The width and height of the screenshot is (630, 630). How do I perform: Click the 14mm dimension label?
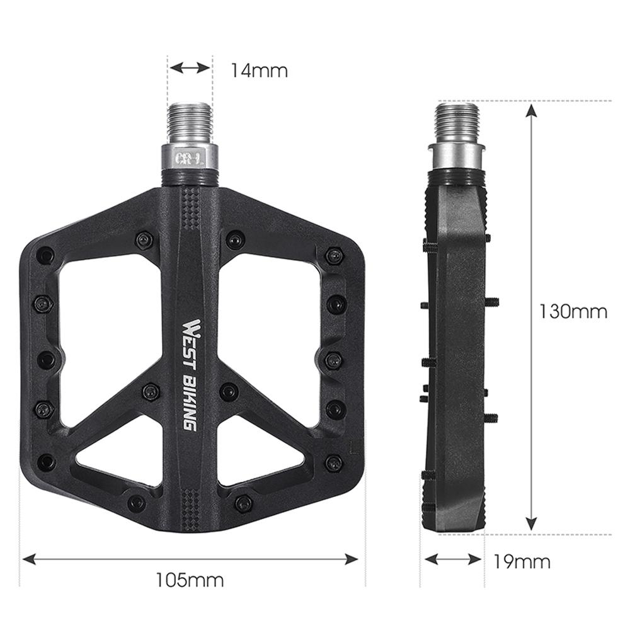[258, 70]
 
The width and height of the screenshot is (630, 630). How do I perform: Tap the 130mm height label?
[573, 311]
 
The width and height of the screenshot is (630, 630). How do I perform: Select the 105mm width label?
[190, 579]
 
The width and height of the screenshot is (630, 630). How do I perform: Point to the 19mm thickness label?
[522, 560]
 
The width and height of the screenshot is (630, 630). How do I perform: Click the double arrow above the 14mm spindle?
[190, 67]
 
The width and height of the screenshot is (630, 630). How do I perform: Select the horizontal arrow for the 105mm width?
[190, 558]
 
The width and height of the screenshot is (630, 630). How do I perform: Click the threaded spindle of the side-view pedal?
[457, 123]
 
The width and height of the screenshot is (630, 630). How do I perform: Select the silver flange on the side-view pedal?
[457, 151]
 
